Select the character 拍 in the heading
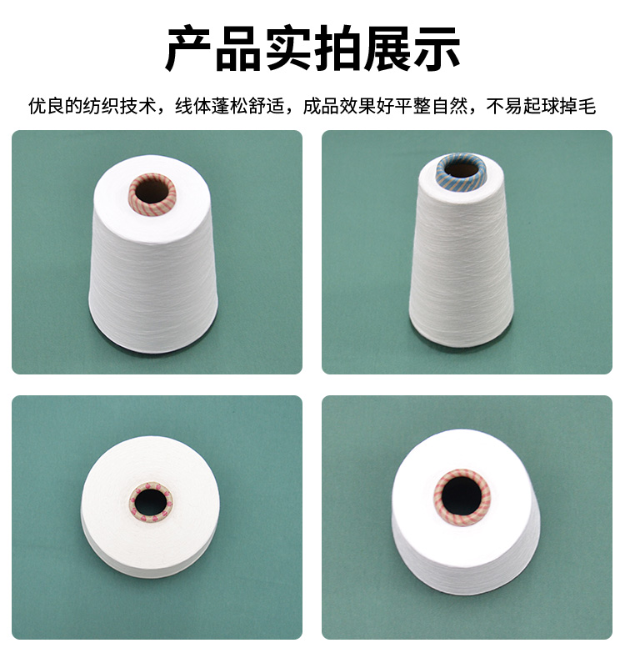coord(337,48)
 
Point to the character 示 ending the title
coord(437,48)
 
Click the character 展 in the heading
coord(387,48)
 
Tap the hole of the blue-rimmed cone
coord(461,169)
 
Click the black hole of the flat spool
coord(151,501)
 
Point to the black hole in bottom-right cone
coord(461,498)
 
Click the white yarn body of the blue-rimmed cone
coord(461,271)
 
